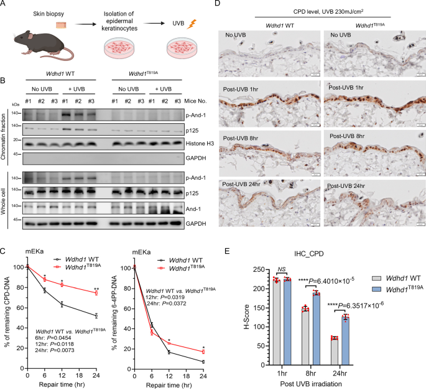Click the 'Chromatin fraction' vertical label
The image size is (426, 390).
tap(6, 137)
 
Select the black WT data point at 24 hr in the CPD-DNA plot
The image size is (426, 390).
tap(96, 316)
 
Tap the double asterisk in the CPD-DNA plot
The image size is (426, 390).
tap(96, 289)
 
